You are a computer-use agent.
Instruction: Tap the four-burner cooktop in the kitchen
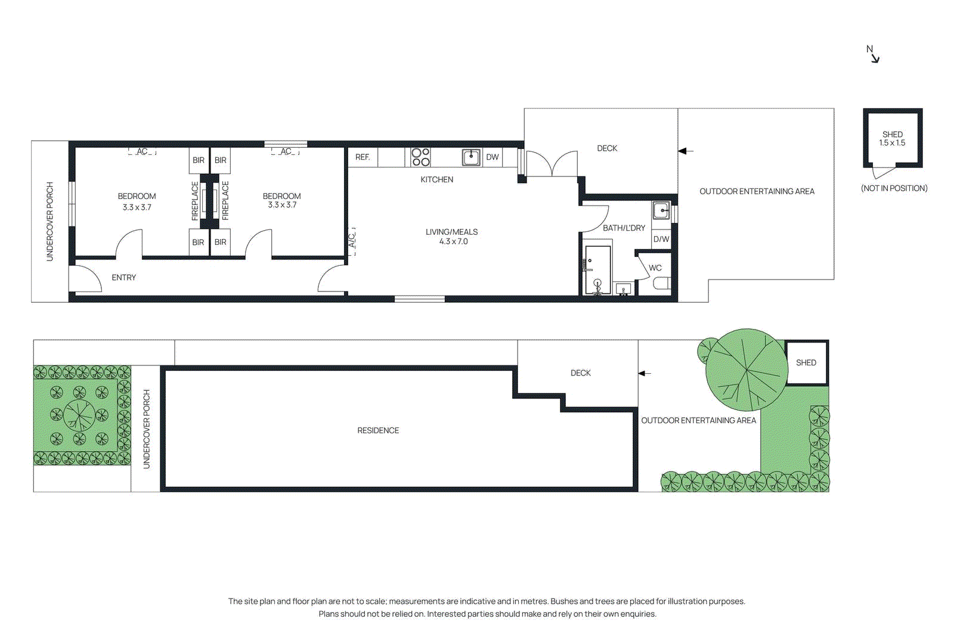[x=420, y=157]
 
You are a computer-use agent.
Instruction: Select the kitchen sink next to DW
[x=471, y=157]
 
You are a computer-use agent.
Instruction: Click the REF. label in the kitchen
[x=363, y=157]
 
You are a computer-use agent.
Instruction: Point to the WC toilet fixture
[x=661, y=283]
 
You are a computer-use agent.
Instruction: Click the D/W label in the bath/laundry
[x=661, y=239]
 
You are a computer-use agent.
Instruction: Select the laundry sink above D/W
[x=661, y=210]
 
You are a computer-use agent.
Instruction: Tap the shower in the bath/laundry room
[x=597, y=269]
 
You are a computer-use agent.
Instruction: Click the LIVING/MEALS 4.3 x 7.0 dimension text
[x=453, y=241]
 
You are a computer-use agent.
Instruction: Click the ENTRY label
[x=123, y=277]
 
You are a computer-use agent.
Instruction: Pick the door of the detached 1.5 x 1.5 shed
[x=884, y=173]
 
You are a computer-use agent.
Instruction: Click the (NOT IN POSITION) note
[x=894, y=188]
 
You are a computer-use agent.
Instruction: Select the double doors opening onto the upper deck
[x=552, y=163]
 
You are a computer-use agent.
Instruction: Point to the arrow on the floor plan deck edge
[x=686, y=151]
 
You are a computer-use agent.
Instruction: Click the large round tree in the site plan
[x=747, y=370]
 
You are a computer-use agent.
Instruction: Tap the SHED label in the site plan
[x=806, y=362]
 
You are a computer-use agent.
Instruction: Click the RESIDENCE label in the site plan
[x=378, y=430]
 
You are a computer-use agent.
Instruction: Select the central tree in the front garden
[x=79, y=415]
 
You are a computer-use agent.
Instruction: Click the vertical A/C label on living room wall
[x=352, y=241]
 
